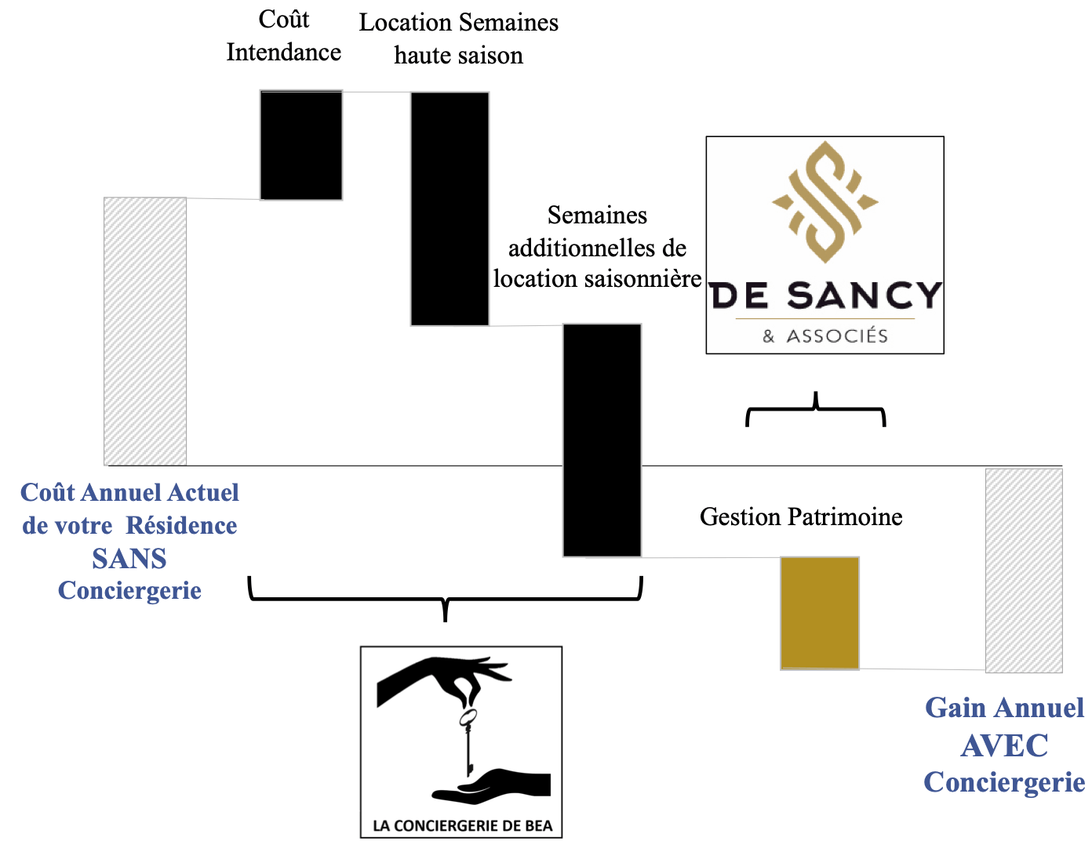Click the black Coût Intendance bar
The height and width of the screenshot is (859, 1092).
(x=301, y=145)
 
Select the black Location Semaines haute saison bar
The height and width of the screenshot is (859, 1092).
(x=450, y=208)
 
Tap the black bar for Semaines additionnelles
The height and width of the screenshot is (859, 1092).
(x=602, y=439)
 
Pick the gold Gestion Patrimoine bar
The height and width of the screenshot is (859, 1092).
(x=820, y=612)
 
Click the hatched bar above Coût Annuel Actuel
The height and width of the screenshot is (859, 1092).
(x=145, y=331)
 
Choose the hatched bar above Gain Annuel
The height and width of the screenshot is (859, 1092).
(x=1024, y=570)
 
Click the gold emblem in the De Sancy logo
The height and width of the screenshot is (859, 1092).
(x=824, y=201)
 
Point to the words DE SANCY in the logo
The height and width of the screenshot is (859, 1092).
(x=825, y=295)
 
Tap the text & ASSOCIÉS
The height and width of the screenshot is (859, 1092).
(x=825, y=336)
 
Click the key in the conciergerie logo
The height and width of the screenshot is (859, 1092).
(x=468, y=741)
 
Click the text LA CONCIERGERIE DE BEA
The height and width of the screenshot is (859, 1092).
(x=462, y=825)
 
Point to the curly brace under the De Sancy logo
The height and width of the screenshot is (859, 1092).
(x=816, y=411)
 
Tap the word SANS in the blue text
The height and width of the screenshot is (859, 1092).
(x=129, y=559)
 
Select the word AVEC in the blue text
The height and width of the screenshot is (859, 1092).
(x=1004, y=745)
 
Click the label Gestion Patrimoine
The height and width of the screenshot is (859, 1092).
(x=801, y=516)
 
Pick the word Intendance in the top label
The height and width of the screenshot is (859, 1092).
(x=284, y=53)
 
